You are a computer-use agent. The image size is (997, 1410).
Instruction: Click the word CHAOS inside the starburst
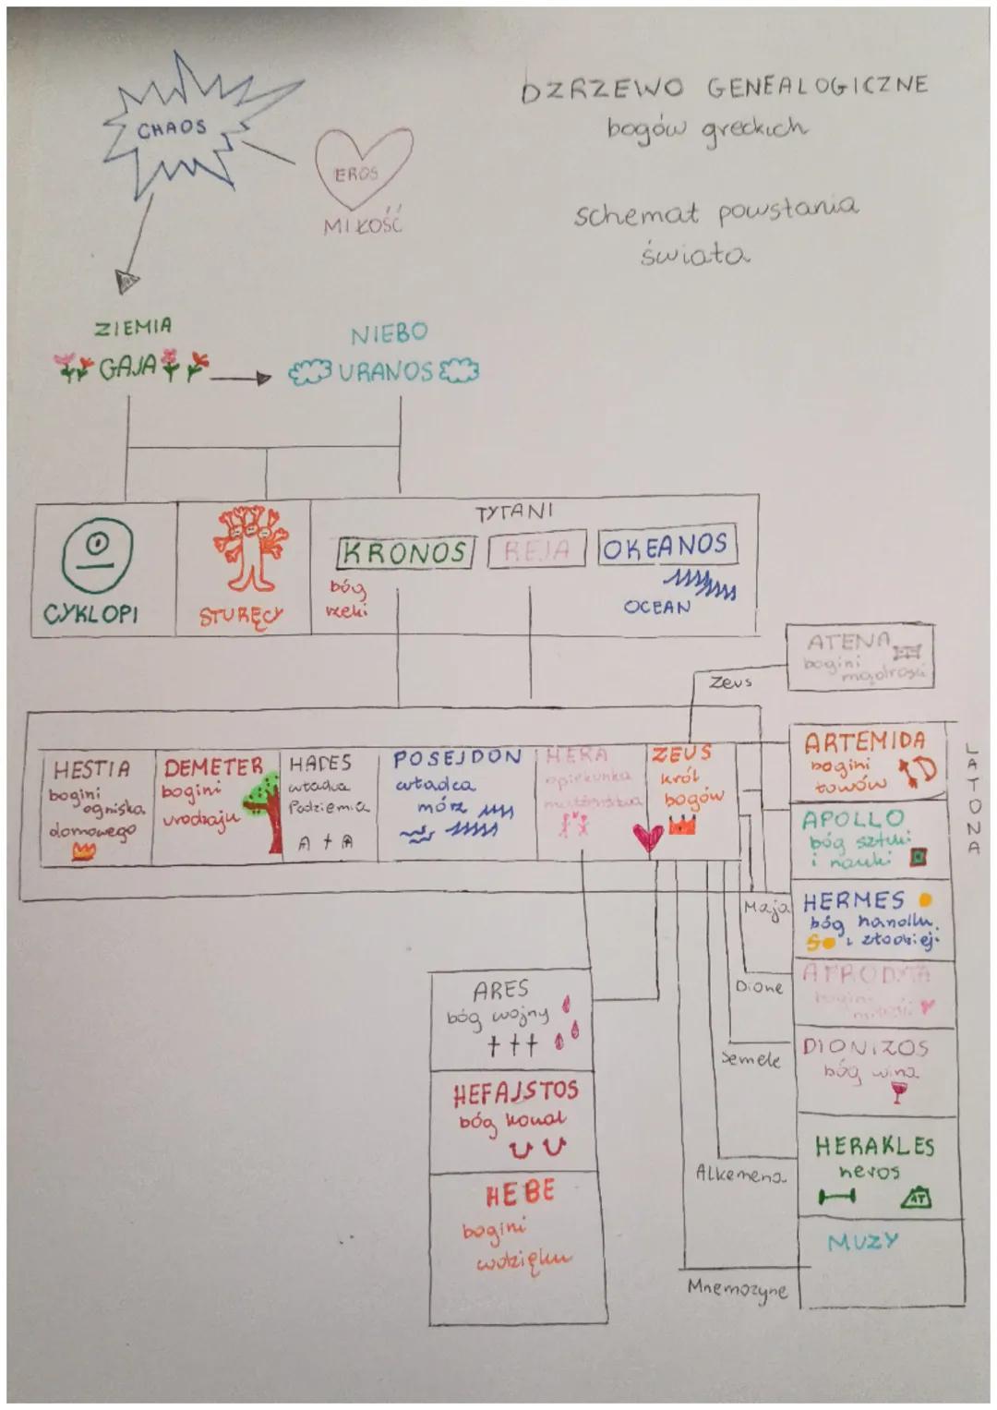[173, 127]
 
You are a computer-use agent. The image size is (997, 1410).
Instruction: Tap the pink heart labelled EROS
[362, 166]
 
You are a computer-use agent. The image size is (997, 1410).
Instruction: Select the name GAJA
[127, 368]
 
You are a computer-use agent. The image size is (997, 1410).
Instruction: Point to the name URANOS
[385, 371]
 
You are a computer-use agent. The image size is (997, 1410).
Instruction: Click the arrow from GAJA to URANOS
[239, 378]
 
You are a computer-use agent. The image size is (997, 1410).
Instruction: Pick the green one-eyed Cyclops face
[97, 554]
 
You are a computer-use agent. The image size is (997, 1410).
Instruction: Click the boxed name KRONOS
[405, 553]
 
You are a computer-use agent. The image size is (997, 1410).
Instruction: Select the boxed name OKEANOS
[666, 547]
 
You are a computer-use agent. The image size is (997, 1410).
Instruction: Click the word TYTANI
[513, 512]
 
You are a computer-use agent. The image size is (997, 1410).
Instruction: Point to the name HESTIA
[91, 768]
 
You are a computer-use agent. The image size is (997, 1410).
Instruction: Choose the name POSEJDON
[458, 758]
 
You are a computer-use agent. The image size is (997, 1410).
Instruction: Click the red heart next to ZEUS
[648, 837]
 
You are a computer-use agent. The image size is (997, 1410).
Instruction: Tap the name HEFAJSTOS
[516, 1092]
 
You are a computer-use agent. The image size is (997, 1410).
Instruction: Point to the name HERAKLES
[874, 1147]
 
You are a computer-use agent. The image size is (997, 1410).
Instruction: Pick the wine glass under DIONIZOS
[897, 1093]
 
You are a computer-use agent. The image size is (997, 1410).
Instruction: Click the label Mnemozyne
[737, 1289]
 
